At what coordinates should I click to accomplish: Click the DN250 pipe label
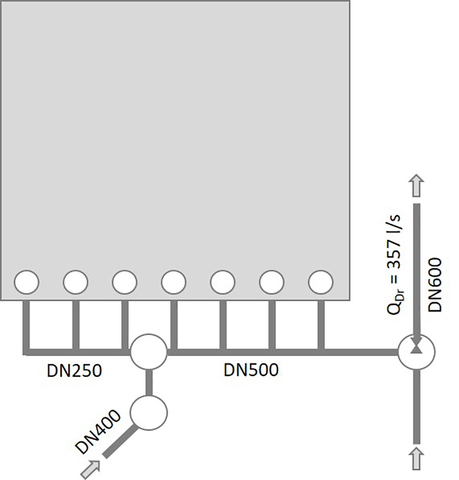[75, 371]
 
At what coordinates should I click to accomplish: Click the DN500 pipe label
[251, 370]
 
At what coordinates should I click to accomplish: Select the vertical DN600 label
[436, 285]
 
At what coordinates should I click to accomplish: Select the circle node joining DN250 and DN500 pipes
[149, 351]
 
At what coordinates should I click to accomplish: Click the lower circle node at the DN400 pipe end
[149, 411]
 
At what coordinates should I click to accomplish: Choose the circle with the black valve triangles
[416, 351]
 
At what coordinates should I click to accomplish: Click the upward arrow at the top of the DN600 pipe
[416, 186]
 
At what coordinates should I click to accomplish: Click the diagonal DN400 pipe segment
[119, 441]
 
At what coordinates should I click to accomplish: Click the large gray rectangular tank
[175, 137]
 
